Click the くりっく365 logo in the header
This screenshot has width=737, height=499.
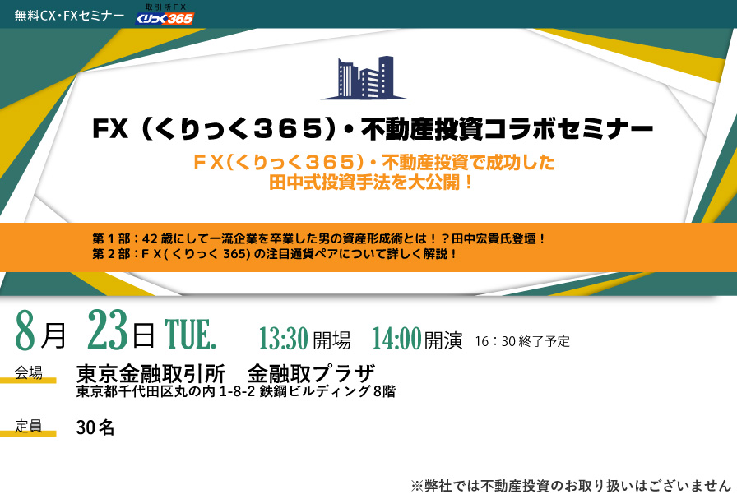pyautogui.click(x=165, y=14)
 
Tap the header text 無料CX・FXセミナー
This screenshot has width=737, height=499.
pyautogui.click(x=69, y=16)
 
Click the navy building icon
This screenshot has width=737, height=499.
pyautogui.click(x=365, y=77)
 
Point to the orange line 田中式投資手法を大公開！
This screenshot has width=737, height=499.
pyautogui.click(x=371, y=183)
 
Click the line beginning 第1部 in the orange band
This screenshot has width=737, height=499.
pyautogui.click(x=318, y=238)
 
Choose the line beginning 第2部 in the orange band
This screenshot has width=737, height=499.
pyautogui.click(x=274, y=254)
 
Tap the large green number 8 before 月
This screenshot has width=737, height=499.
pyautogui.click(x=25, y=330)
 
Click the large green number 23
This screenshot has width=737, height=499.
pyautogui.click(x=108, y=330)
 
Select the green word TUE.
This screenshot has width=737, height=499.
pyautogui.click(x=190, y=334)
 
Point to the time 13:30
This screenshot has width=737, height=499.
pyautogui.click(x=284, y=339)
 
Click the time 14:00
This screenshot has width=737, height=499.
pyautogui.click(x=396, y=339)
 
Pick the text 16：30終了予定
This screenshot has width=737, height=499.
pyautogui.click(x=522, y=341)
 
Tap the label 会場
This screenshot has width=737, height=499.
pyautogui.click(x=28, y=373)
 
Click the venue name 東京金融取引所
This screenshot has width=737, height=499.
pyautogui.click(x=151, y=374)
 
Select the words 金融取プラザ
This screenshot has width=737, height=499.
pyautogui.click(x=311, y=374)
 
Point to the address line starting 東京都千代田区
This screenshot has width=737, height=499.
pyautogui.click(x=236, y=391)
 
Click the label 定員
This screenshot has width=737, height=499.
pyautogui.click(x=28, y=426)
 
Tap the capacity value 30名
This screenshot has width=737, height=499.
pyautogui.click(x=95, y=427)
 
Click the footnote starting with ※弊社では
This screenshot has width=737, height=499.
pyautogui.click(x=571, y=486)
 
